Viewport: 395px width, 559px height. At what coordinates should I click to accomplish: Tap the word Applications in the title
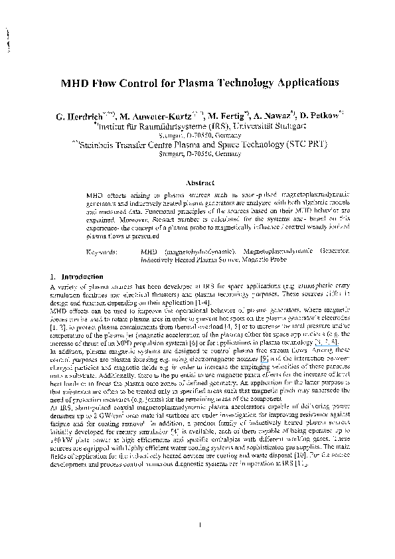pyautogui.click(x=300, y=84)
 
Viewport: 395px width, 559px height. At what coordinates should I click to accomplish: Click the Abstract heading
pyautogui.click(x=200, y=181)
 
